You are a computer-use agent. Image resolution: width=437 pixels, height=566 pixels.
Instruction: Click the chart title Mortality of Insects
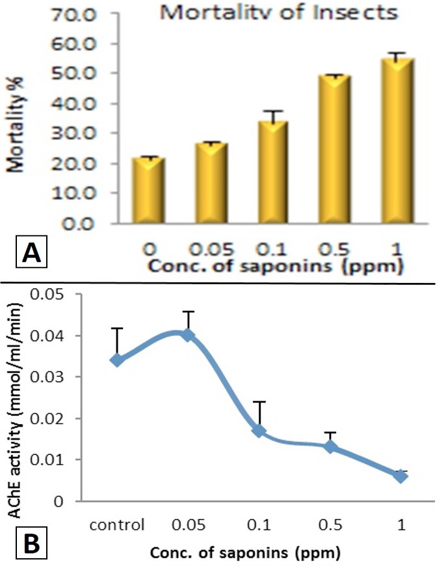click(x=278, y=12)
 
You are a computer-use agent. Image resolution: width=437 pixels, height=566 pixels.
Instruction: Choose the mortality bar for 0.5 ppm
click(x=334, y=149)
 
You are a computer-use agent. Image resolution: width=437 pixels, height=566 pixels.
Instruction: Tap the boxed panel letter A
click(x=31, y=252)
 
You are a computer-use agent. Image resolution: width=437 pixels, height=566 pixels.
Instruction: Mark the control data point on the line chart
click(x=117, y=360)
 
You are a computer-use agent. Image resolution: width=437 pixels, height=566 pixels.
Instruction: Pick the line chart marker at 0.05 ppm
click(x=188, y=336)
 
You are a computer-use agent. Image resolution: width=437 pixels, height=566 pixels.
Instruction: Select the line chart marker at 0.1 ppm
click(x=259, y=431)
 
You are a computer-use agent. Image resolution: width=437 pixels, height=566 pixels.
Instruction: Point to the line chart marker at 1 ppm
click(x=401, y=476)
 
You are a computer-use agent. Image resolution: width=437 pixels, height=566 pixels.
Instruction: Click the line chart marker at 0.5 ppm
click(x=330, y=447)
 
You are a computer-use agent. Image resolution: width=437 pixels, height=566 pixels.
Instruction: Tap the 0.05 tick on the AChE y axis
click(x=47, y=295)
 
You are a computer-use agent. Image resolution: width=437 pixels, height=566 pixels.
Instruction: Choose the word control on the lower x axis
click(x=117, y=524)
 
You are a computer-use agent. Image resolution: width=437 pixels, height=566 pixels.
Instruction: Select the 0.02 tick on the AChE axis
click(x=47, y=419)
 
